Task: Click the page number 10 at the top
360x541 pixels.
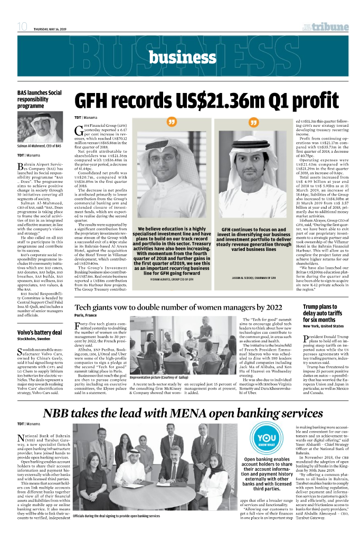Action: [x=23, y=27]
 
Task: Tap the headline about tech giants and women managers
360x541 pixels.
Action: [x=178, y=307]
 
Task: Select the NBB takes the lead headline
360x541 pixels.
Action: [x=183, y=412]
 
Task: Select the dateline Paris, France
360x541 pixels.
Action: [x=86, y=315]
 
